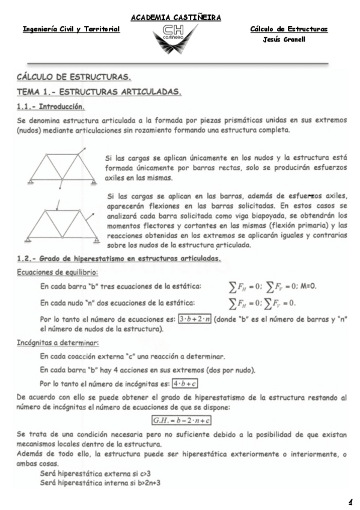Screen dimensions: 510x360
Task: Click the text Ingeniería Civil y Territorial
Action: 71,29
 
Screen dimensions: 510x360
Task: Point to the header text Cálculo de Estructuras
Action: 288,29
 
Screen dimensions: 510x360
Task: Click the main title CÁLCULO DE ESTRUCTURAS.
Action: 74,78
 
